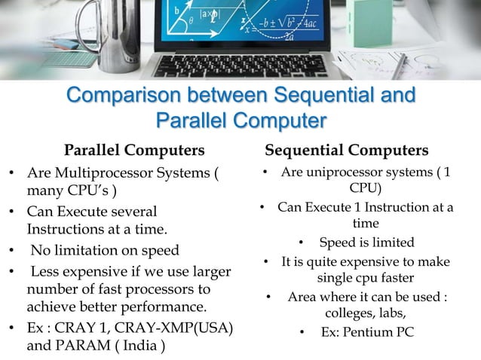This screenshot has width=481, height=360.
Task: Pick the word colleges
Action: [x=353, y=313]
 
